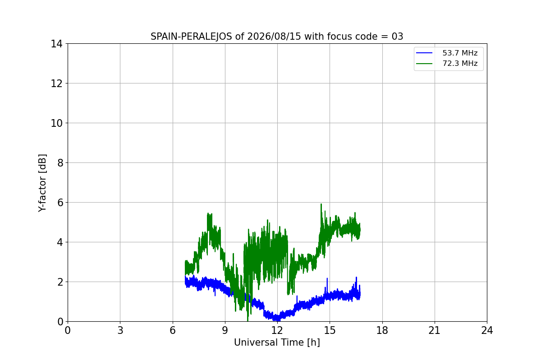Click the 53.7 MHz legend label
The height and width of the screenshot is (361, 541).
[x=460, y=53]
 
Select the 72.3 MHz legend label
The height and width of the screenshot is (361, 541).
[x=460, y=63]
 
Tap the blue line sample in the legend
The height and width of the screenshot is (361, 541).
[x=424, y=53]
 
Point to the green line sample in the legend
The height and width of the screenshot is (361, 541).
[x=424, y=64]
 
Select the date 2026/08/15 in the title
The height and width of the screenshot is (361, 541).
[x=274, y=37]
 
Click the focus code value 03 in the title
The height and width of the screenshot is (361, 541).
[x=397, y=37]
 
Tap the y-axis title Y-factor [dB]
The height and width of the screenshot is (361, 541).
[x=42, y=183]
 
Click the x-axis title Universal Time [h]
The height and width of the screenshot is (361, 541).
[x=277, y=342]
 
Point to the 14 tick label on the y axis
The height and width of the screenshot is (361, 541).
[x=56, y=44]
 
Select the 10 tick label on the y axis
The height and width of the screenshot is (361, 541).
[x=56, y=123]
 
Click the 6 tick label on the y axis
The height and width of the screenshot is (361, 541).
[x=60, y=203]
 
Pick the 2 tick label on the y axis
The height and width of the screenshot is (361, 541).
[x=60, y=282]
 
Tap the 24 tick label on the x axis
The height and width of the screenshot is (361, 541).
[x=487, y=330]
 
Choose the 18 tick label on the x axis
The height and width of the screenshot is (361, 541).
[x=382, y=330]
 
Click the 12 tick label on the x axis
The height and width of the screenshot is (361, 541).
[x=277, y=330]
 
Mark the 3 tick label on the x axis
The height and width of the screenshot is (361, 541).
[x=120, y=330]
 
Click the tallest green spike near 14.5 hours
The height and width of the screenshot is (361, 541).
[x=321, y=204]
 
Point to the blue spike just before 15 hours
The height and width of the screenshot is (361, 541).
[x=327, y=279]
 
